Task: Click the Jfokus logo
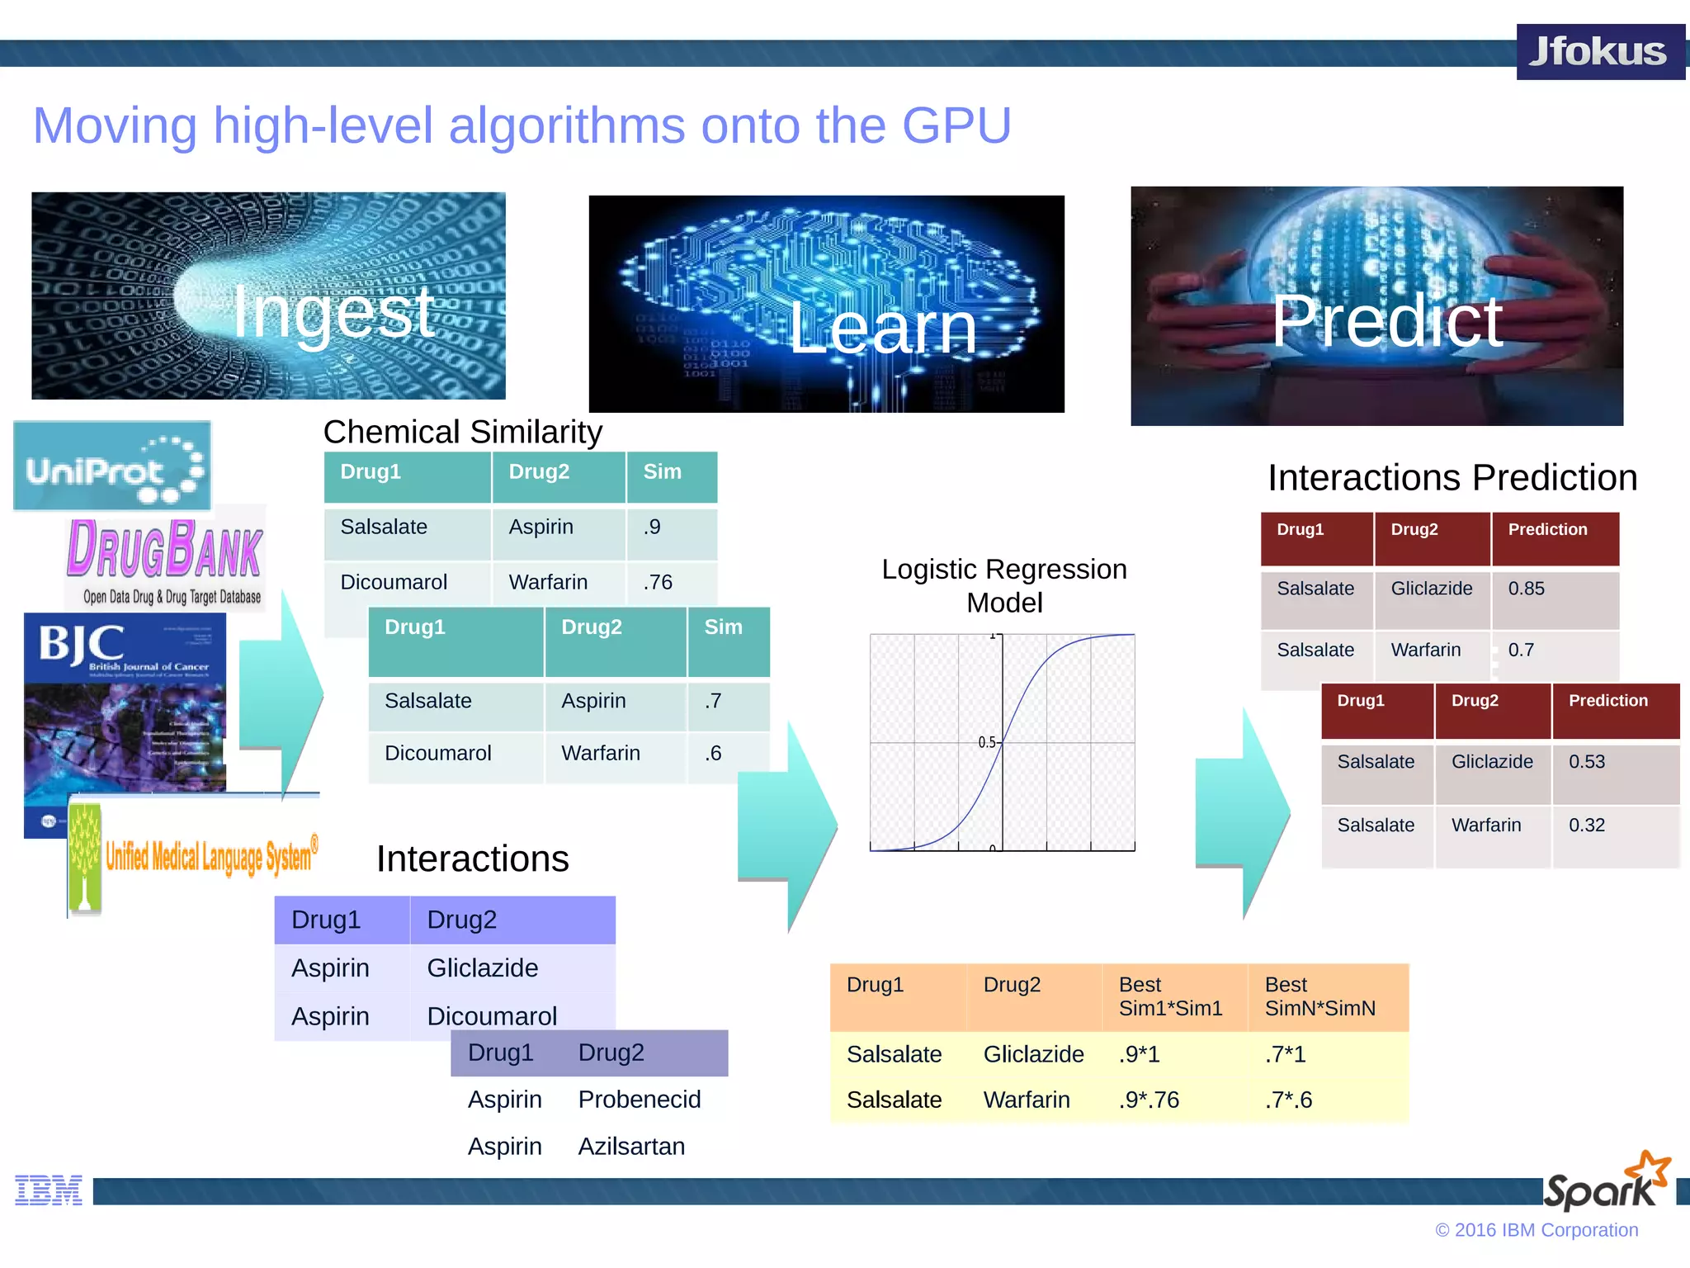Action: coord(1598,52)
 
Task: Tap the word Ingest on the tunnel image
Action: coord(333,313)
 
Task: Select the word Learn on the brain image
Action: coord(882,329)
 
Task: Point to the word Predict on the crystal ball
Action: coord(1386,321)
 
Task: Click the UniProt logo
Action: coord(112,466)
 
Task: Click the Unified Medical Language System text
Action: coord(210,857)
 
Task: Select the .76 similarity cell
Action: coord(659,583)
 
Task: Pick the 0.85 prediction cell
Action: coord(1527,589)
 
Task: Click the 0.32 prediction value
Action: coord(1587,826)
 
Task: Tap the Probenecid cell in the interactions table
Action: coord(640,1100)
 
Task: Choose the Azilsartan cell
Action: coord(631,1147)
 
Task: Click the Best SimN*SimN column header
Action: coord(1319,996)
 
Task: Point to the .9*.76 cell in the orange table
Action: coord(1149,1100)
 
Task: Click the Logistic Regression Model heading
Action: coord(1003,585)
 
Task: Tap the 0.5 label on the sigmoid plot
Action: coord(987,743)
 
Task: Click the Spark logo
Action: coord(1606,1183)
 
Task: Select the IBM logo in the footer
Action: coord(49,1190)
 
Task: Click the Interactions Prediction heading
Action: coord(1452,478)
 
